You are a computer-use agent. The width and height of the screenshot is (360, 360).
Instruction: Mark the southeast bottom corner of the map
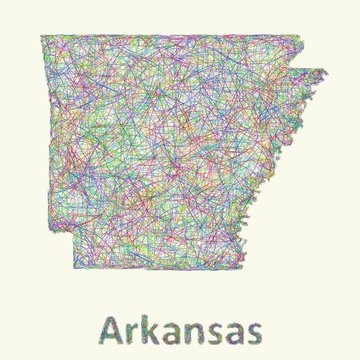point(259,268)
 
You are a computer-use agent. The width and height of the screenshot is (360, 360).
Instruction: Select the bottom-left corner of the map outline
point(75,268)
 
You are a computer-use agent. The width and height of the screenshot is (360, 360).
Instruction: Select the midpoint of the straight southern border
point(167,268)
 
